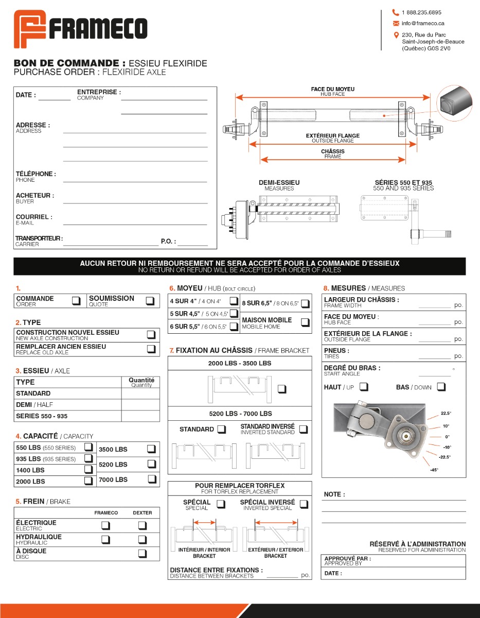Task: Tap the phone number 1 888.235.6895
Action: click(421, 12)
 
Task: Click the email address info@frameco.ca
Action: click(423, 23)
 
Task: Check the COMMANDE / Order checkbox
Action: click(76, 301)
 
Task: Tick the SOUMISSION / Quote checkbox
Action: click(150, 301)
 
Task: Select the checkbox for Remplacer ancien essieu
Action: click(151, 349)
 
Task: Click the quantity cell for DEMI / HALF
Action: click(140, 405)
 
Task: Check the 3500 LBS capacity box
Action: click(151, 449)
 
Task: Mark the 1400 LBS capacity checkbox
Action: click(88, 470)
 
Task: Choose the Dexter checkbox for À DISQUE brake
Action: click(143, 554)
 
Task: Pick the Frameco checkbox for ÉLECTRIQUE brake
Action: click(106, 526)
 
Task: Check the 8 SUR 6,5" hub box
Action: click(305, 303)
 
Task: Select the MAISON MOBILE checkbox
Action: click(305, 323)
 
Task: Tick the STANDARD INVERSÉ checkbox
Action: click(304, 429)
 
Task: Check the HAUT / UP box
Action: click(364, 387)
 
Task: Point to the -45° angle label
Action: click(434, 470)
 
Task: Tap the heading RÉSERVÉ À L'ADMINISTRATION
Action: click(418, 544)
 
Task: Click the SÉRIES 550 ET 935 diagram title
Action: click(403, 182)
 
